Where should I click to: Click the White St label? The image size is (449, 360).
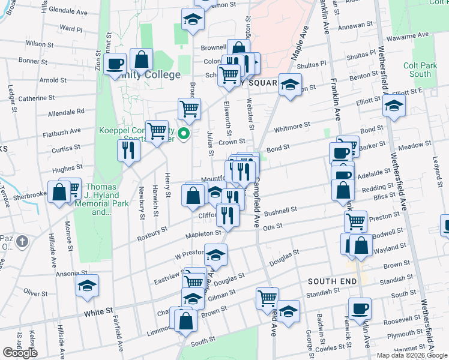tap(98, 313)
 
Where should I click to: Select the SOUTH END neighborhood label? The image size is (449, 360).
tap(329, 281)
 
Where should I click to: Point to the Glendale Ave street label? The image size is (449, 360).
tap(68, 11)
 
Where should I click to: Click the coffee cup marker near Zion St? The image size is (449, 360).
tap(115, 64)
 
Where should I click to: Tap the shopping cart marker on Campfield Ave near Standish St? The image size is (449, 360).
tap(267, 298)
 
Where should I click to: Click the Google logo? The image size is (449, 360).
tap(20, 353)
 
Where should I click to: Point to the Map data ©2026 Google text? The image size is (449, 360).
tap(411, 355)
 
